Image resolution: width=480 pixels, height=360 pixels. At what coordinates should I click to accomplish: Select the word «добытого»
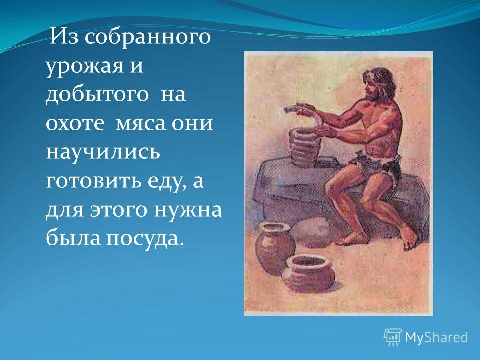97,94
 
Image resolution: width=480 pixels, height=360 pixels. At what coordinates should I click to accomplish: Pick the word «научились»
103,152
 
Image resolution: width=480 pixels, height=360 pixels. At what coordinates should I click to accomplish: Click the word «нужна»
188,210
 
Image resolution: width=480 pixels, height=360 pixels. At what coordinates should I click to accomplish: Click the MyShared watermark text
436,338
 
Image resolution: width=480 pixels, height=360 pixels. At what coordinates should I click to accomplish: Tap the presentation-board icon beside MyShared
393,337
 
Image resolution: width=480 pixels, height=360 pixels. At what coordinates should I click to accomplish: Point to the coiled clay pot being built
304,147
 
